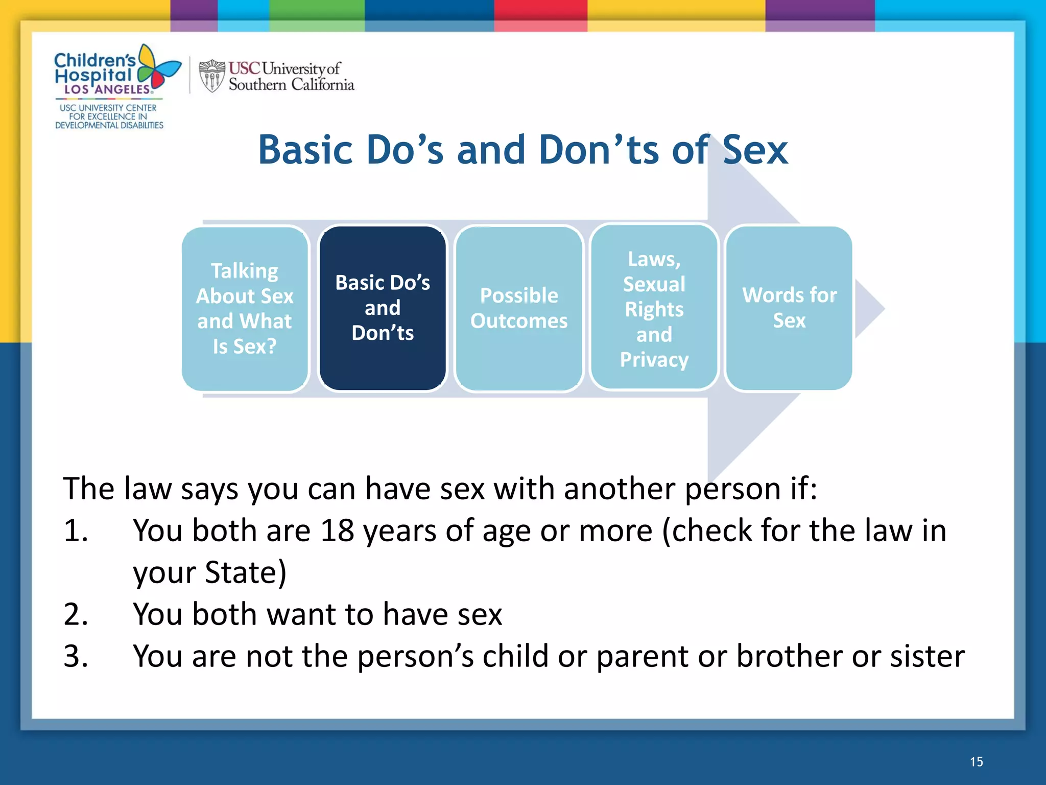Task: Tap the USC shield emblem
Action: pyautogui.click(x=211, y=76)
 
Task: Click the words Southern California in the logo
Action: pyautogui.click(x=291, y=85)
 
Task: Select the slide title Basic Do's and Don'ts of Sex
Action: pyautogui.click(x=523, y=150)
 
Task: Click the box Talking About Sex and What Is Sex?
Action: pyautogui.click(x=245, y=309)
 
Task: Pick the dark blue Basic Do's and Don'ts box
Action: pyautogui.click(x=383, y=308)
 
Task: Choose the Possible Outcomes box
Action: pyautogui.click(x=519, y=308)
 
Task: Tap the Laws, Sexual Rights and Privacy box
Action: pyautogui.click(x=654, y=309)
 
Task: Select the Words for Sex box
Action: pyautogui.click(x=789, y=308)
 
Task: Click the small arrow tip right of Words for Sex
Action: pyautogui.click(x=868, y=308)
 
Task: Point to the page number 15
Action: pyautogui.click(x=976, y=762)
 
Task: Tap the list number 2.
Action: pyautogui.click(x=76, y=614)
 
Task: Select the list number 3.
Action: pyautogui.click(x=76, y=656)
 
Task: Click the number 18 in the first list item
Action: pyautogui.click(x=337, y=530)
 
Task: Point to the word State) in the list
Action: pyautogui.click(x=245, y=572)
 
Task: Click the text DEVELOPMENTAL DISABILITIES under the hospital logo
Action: pyautogui.click(x=109, y=125)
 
